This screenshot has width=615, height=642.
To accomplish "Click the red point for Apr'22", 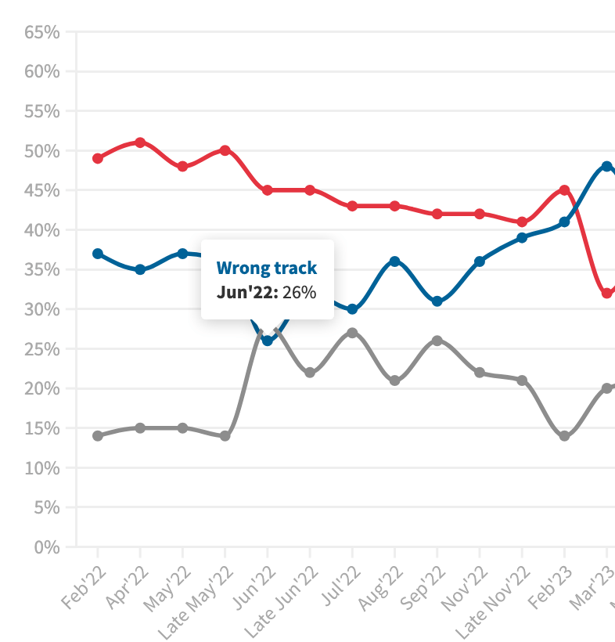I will tap(140, 142).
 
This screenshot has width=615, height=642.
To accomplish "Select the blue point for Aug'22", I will tap(395, 261).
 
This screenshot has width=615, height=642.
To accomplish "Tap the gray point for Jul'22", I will tap(352, 333).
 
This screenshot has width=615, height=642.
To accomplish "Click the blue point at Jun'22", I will tap(268, 341).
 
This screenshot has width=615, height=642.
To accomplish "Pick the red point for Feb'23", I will tap(564, 190).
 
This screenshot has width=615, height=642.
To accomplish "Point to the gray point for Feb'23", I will tap(564, 436).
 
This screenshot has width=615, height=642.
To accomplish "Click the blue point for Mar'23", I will tap(606, 166).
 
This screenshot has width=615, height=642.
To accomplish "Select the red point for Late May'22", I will tap(225, 150).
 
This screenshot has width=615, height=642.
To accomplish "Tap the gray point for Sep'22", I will tap(437, 341).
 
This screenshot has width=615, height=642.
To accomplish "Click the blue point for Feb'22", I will tap(98, 254).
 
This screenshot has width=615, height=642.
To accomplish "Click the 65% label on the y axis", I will tap(42, 32).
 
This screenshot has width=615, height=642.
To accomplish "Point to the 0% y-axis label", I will tap(46, 547).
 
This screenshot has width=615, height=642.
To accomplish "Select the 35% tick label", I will tap(42, 270).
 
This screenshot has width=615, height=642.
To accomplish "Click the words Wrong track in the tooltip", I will tap(267, 269).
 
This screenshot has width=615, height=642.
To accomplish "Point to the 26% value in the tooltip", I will tap(300, 293).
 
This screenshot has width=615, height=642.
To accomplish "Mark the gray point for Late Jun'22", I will tap(310, 373).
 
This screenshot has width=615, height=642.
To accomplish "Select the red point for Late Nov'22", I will tap(522, 222).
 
